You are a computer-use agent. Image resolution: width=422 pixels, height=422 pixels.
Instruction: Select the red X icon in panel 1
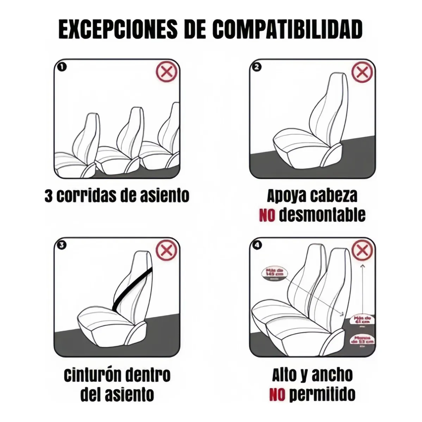pyautogui.click(x=167, y=72)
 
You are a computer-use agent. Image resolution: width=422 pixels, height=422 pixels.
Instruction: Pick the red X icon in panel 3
pyautogui.click(x=167, y=250)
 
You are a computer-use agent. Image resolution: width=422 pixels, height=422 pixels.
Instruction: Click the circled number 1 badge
pyautogui.click(x=62, y=67)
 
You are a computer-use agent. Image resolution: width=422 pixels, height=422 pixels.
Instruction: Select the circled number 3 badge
pyautogui.click(x=62, y=245)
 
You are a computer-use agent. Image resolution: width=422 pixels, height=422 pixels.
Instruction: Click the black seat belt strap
pyautogui.click(x=132, y=290)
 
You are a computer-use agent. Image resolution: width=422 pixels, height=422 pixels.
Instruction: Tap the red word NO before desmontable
pyautogui.click(x=267, y=215)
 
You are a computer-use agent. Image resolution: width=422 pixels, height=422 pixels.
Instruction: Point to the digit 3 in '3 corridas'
pyautogui.click(x=48, y=196)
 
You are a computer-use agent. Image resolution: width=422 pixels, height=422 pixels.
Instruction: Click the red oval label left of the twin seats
pyautogui.click(x=273, y=273)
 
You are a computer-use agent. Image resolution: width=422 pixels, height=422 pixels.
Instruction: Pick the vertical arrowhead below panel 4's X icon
pyautogui.click(x=362, y=265)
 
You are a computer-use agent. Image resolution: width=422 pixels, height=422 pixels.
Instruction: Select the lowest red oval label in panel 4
pyautogui.click(x=362, y=340)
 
